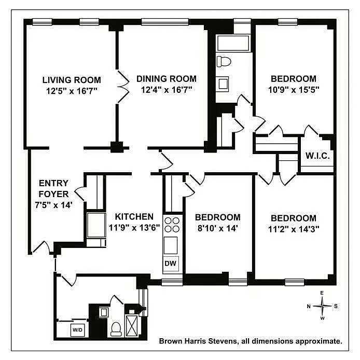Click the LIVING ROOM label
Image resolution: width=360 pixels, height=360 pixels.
pos(71,80)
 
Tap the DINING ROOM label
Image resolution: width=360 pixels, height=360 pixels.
pos(167,79)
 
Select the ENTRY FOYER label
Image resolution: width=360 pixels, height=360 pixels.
pos(53,188)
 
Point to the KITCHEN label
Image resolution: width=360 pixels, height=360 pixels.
pos(134,217)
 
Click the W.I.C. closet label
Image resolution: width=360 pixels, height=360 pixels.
pos(317,156)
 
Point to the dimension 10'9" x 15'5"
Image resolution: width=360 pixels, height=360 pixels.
pos(293,89)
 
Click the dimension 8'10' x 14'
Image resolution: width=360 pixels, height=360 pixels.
pos(217,228)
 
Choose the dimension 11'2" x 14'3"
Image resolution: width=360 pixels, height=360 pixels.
pos(293,228)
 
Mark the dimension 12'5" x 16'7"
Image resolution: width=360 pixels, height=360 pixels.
pos(71,90)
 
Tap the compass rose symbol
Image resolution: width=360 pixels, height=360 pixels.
pos(322,306)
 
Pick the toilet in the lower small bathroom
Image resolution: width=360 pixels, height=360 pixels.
pos(117,327)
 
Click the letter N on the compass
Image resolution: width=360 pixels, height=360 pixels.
pos(309,306)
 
